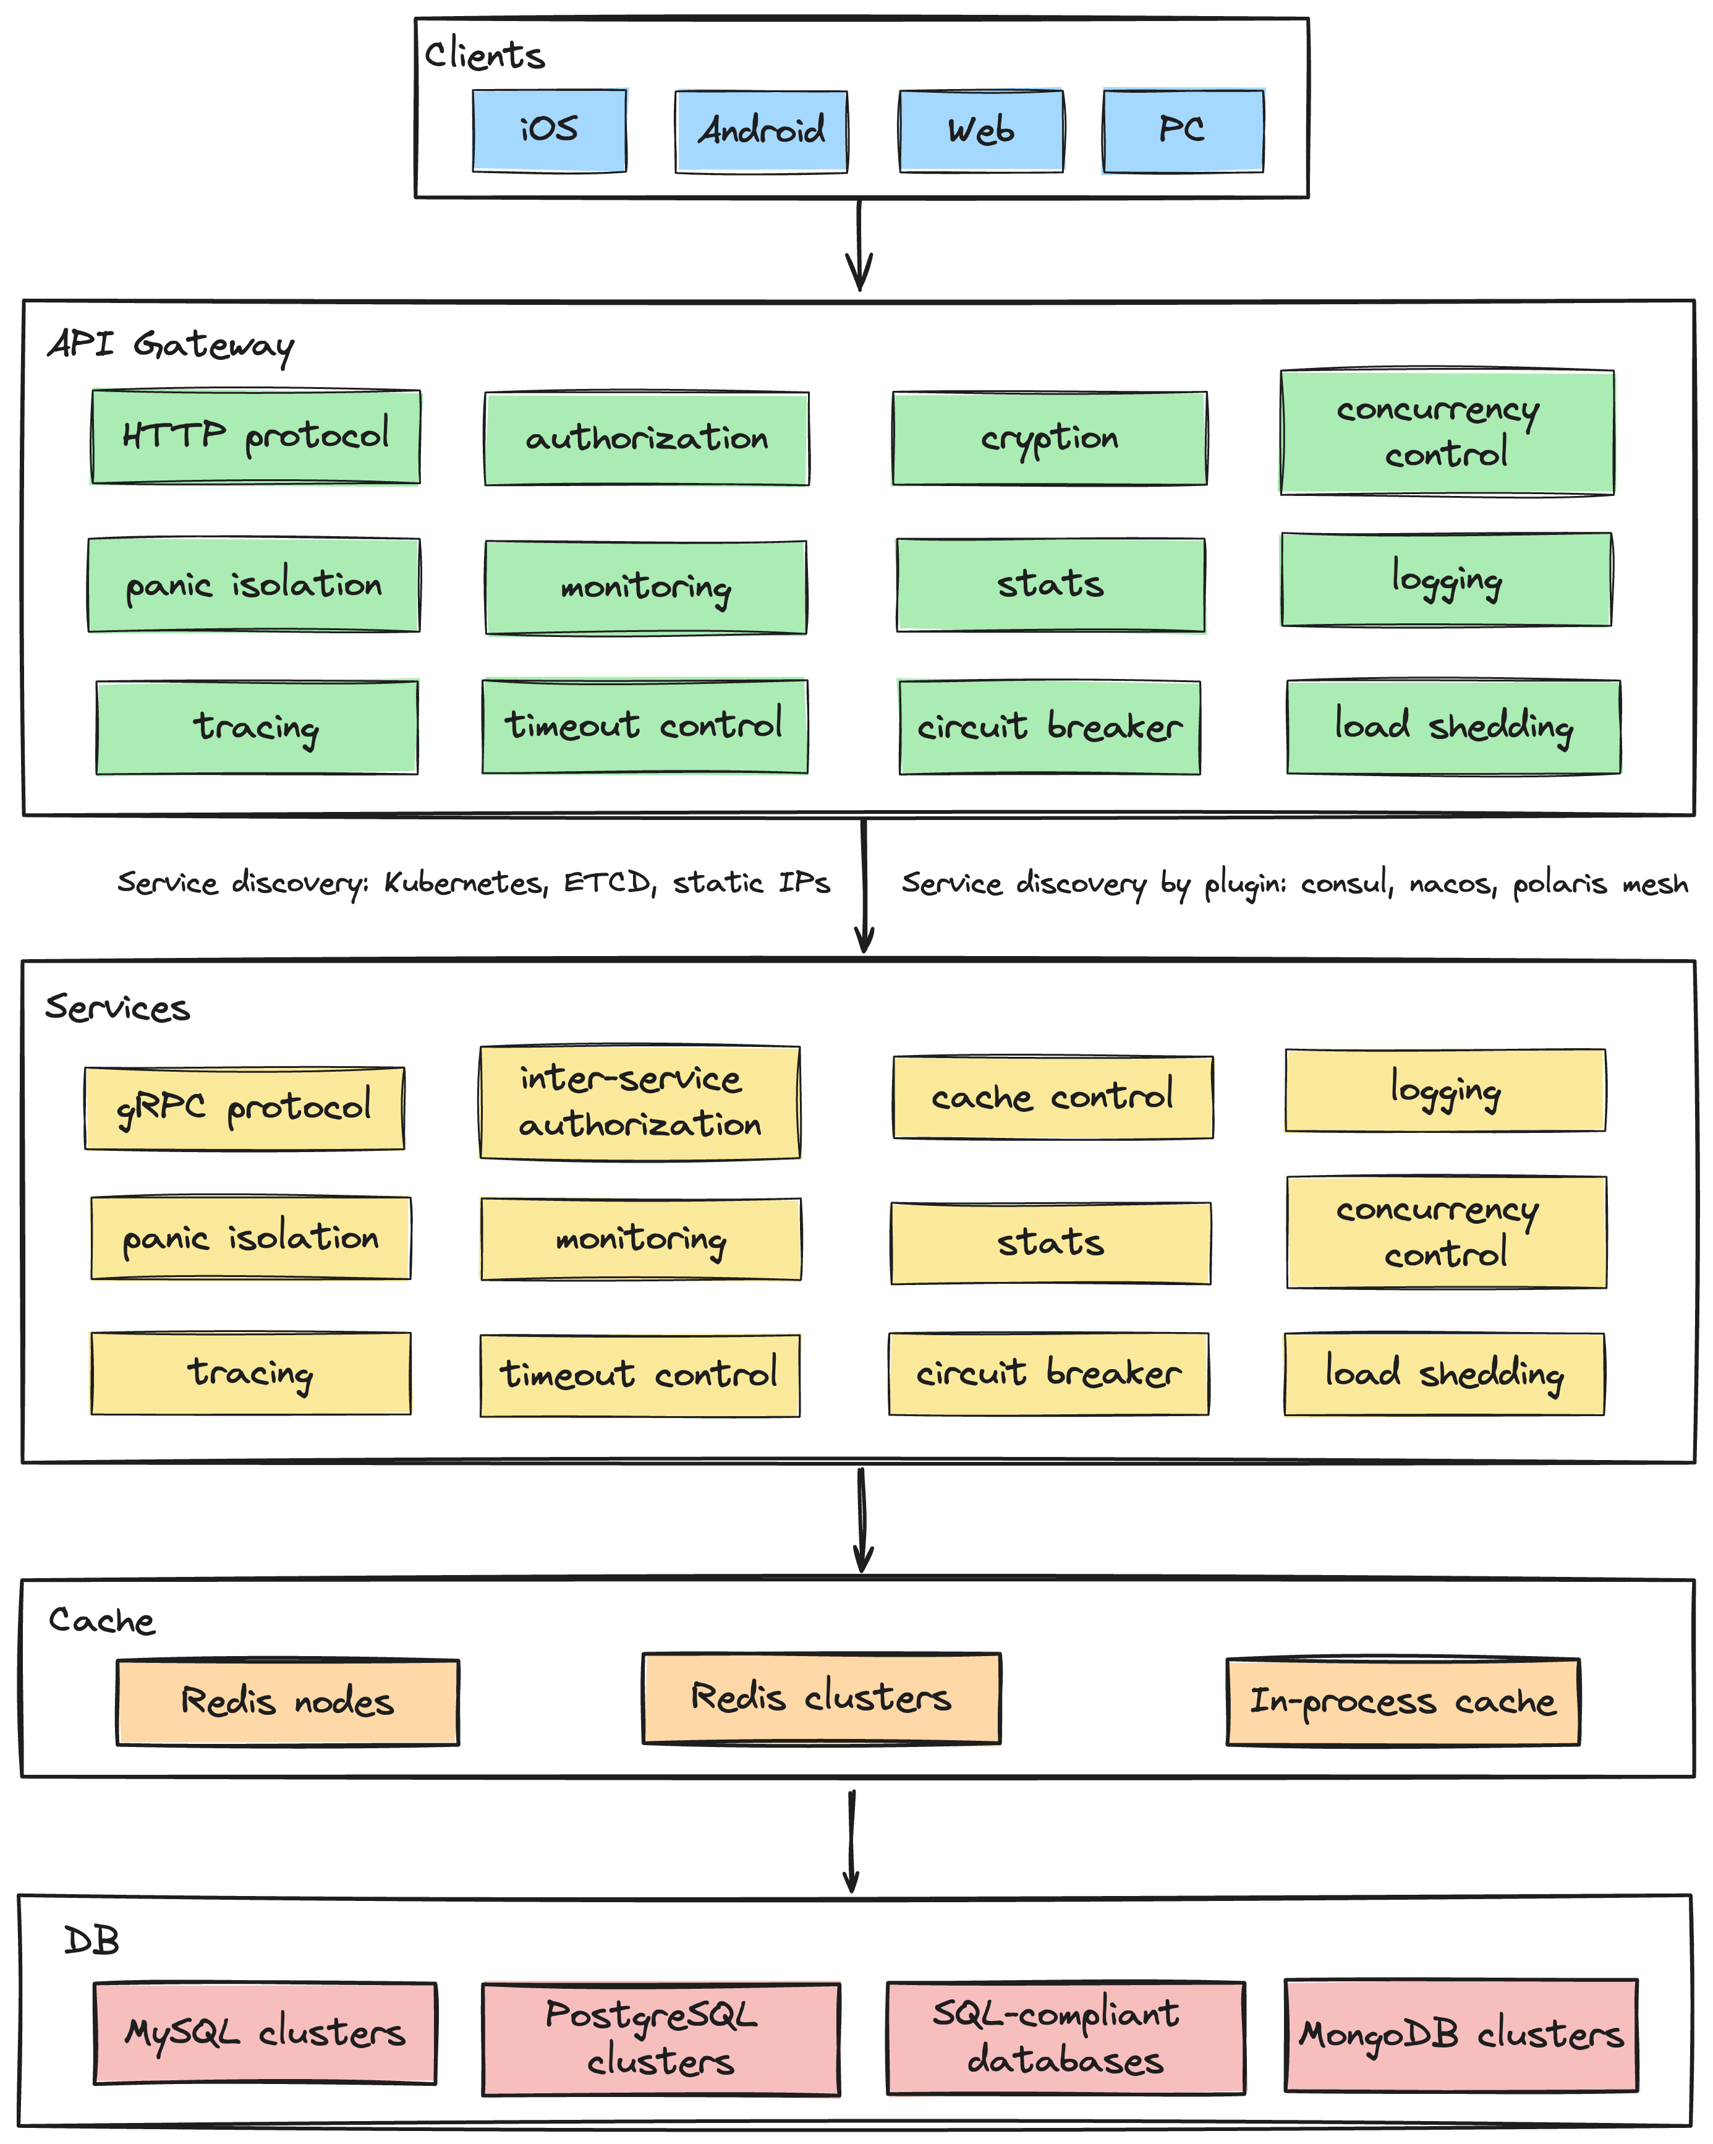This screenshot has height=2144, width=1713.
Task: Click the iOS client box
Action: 549,130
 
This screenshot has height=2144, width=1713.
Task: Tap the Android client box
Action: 760,131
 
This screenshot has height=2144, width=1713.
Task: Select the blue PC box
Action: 1182,130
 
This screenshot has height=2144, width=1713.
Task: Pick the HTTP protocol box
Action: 255,437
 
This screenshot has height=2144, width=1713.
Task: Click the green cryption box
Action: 1049,438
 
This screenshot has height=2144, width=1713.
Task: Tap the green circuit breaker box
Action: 1049,727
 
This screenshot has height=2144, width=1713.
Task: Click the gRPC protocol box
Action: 245,1108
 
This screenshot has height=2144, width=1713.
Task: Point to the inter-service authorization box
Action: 639,1102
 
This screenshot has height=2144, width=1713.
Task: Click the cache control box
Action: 1052,1097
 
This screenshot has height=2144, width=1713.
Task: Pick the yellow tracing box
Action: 250,1373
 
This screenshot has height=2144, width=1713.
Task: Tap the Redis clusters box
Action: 821,1698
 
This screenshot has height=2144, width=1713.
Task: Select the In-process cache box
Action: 1402,1701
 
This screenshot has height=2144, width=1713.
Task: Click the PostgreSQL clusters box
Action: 660,2039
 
